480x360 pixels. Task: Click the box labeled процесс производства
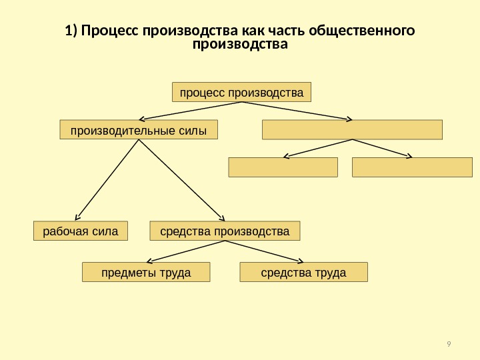point(241,91)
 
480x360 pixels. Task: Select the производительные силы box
point(139,129)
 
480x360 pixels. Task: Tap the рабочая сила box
point(80,231)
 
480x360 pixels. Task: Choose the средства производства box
point(225,231)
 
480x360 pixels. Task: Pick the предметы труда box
point(145,273)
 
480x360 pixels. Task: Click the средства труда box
point(303,273)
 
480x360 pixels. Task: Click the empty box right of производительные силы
point(352,129)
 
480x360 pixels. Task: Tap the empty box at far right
point(412,167)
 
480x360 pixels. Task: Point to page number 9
point(449,344)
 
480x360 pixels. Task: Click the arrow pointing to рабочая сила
point(107,180)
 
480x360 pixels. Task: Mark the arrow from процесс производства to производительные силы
point(193,111)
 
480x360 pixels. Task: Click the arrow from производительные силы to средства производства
point(180,180)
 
